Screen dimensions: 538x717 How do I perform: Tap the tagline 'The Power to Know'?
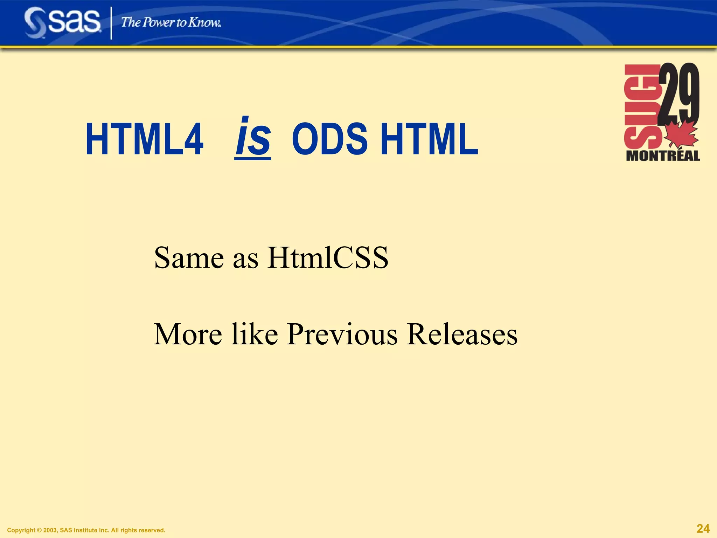[x=171, y=22]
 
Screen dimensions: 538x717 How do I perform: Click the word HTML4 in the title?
[x=144, y=139]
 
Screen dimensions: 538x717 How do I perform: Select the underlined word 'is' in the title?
[x=253, y=137]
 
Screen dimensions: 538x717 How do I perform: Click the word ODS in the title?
[x=329, y=139]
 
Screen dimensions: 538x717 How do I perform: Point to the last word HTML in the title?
[x=429, y=139]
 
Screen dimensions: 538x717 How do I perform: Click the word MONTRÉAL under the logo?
[x=663, y=156]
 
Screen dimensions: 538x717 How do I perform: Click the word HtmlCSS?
[x=328, y=258]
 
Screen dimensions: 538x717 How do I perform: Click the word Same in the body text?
[x=189, y=258]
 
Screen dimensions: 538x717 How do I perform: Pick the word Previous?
[x=342, y=334]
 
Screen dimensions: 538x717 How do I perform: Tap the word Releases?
[x=462, y=334]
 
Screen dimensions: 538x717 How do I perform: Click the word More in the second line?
[x=188, y=334]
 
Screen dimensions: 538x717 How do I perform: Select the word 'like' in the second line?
[x=255, y=334]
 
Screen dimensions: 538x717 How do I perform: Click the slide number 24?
[x=703, y=529]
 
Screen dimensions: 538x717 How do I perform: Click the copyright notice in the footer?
[x=86, y=530]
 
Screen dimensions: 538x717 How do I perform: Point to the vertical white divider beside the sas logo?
[x=111, y=23]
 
